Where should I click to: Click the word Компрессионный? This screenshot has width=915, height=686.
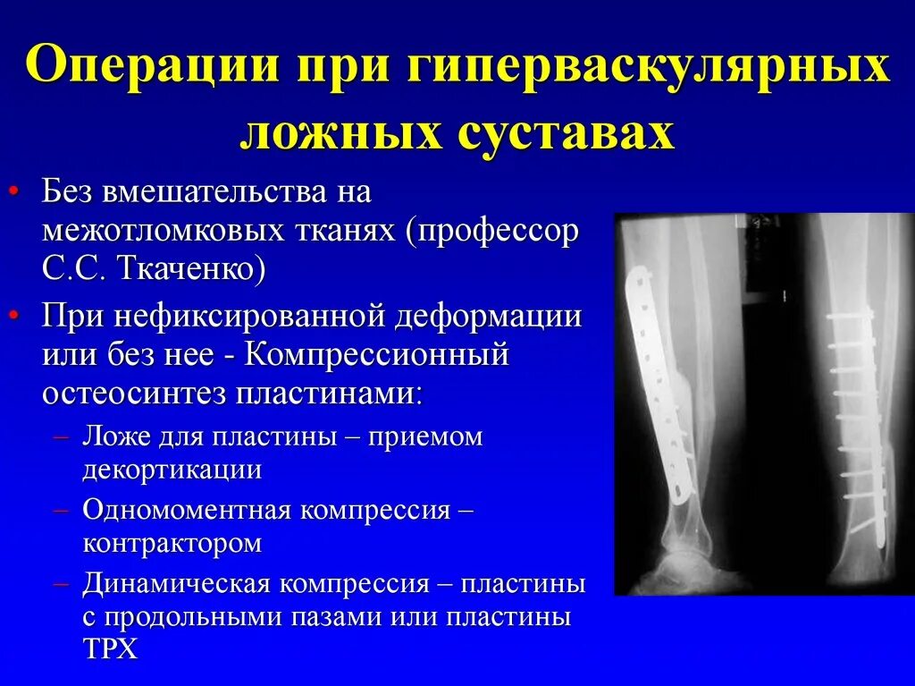(x=376, y=354)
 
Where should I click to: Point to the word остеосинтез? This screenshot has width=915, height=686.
(x=130, y=392)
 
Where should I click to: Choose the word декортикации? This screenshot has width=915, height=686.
(x=172, y=469)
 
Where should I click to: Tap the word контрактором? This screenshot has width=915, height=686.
(x=172, y=543)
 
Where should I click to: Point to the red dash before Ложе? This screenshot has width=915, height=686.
(x=62, y=436)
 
